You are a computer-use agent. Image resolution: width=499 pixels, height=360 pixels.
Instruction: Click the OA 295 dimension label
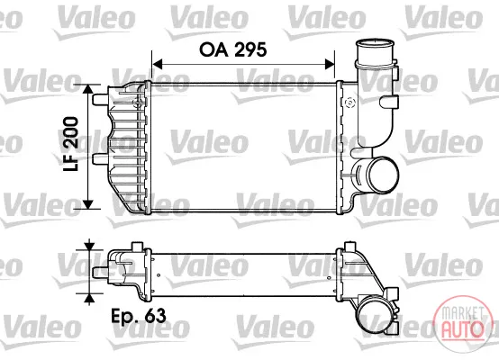click(x=233, y=49)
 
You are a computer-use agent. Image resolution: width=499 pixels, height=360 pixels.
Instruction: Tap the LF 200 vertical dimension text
click(x=70, y=144)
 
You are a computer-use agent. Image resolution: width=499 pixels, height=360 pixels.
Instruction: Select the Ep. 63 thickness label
click(x=139, y=316)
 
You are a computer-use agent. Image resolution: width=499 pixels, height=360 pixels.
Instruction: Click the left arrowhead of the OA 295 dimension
click(x=158, y=64)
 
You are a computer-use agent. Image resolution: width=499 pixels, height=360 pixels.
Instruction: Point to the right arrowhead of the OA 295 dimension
click(x=330, y=64)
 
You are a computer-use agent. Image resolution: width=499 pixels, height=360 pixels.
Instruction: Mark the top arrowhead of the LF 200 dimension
click(x=88, y=90)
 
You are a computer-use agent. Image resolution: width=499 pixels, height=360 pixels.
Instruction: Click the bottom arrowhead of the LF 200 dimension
click(x=88, y=204)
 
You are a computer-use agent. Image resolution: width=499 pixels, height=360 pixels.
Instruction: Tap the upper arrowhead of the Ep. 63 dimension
click(x=90, y=246)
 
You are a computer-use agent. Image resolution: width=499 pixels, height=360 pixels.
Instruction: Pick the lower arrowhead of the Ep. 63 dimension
click(x=90, y=298)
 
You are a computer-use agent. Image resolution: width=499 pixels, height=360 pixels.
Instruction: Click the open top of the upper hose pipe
click(x=375, y=43)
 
